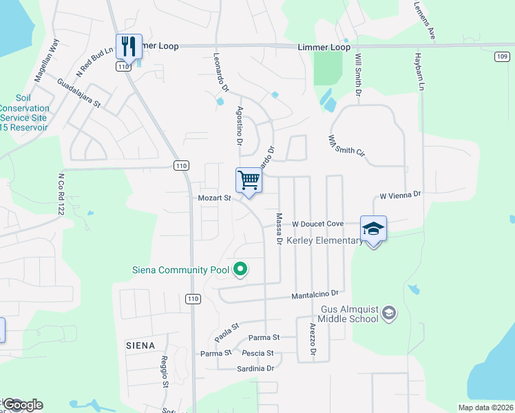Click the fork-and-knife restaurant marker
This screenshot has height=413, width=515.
129,47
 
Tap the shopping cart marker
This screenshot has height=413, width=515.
249,180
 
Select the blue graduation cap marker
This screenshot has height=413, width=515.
373,229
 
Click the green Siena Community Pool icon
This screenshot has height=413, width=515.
240,269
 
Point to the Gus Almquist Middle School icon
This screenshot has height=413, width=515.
389,314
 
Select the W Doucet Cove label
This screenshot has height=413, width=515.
317,224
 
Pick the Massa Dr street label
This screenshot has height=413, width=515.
280,229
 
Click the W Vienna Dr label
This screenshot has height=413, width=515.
400,195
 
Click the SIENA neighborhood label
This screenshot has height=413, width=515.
140,344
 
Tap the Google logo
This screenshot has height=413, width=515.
23,405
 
